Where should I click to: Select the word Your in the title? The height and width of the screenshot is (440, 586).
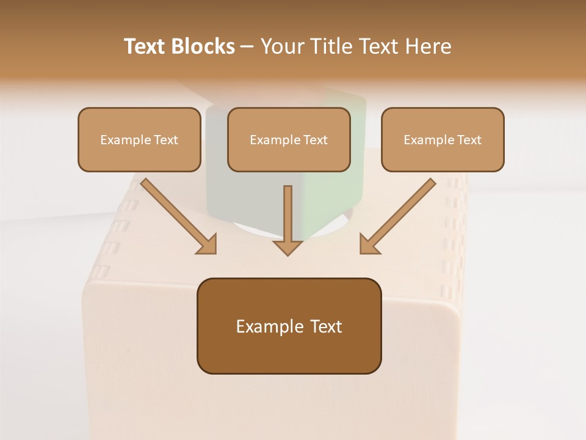281,46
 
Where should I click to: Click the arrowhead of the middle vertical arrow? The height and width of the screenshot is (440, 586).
288,247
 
